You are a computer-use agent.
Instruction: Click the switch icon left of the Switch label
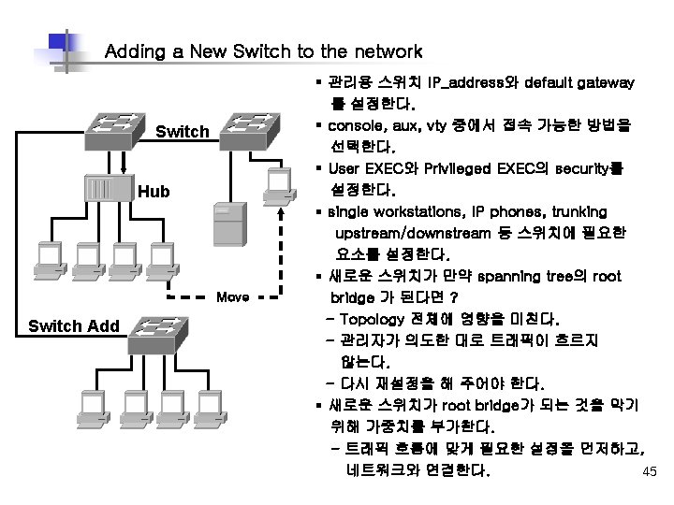tap(118, 128)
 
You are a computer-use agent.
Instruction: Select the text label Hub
tap(154, 192)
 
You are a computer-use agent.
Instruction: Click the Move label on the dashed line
tap(232, 297)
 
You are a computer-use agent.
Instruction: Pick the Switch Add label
tap(74, 325)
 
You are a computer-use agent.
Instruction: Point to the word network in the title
tap(385, 51)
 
